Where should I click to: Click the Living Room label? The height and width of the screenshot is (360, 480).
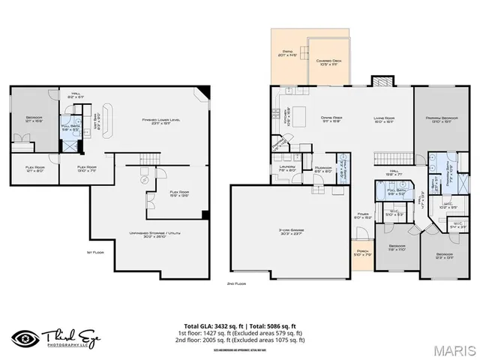[x=385, y=118]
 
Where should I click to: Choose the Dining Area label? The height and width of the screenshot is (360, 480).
[x=331, y=118]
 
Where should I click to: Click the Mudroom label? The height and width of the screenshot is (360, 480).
[x=323, y=169]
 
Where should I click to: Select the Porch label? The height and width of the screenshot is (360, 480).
[x=361, y=253]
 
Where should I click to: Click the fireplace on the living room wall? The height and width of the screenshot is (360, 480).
[x=382, y=81]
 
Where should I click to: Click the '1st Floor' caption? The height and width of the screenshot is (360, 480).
[x=95, y=252]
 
